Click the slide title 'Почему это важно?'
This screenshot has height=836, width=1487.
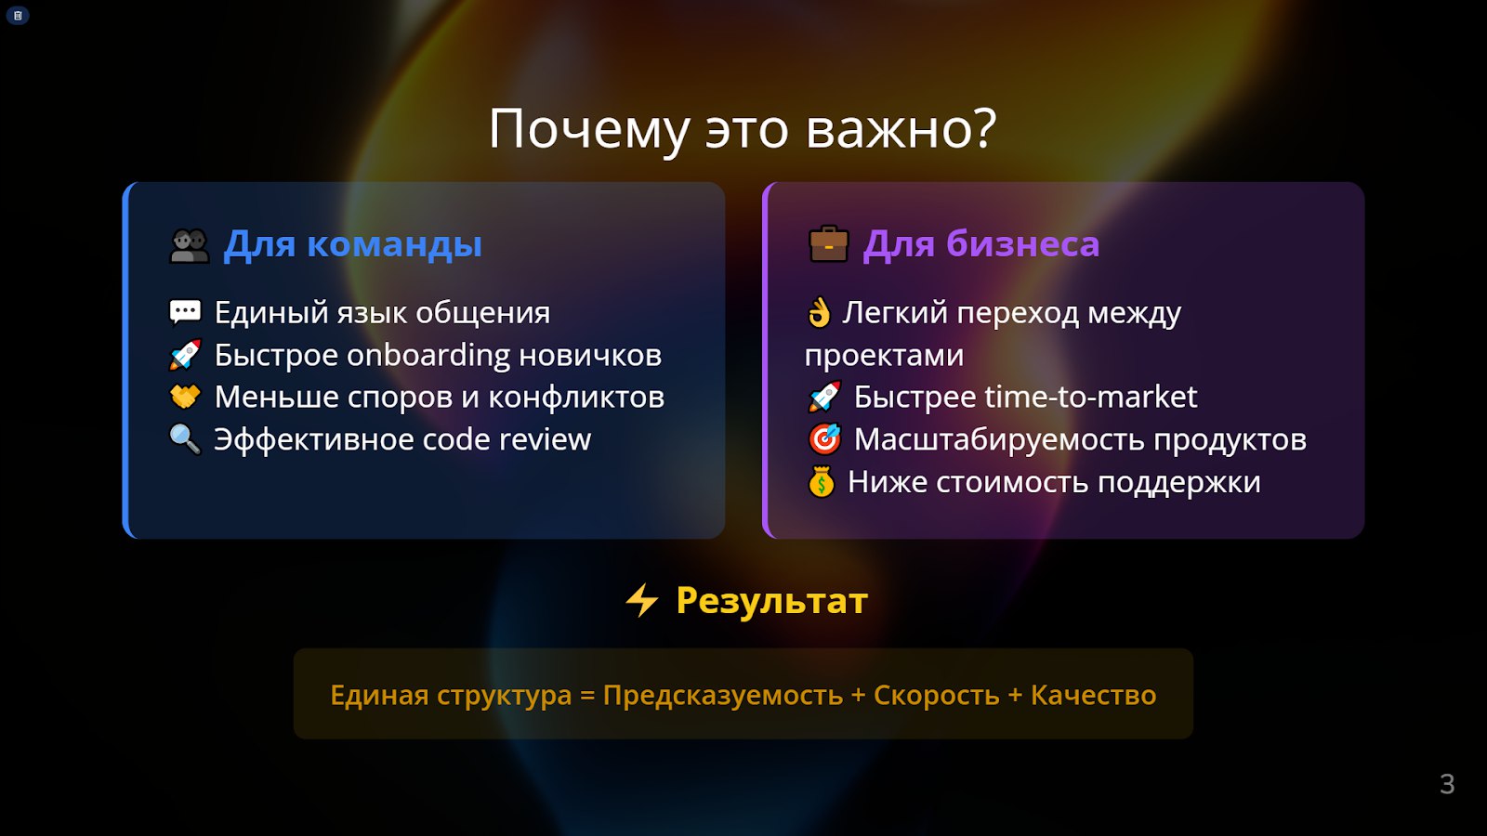743,129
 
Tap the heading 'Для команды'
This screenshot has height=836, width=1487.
352,244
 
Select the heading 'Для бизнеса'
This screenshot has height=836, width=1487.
981,243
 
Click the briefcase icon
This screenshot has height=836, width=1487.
828,243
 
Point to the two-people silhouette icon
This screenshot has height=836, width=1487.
190,245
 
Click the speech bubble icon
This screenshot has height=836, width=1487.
185,312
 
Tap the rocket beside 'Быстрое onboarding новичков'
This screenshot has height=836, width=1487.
185,355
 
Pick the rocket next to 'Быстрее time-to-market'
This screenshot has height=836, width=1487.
824,397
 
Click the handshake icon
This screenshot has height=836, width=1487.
185,397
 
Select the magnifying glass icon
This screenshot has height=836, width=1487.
185,439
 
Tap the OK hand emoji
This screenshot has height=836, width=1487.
819,312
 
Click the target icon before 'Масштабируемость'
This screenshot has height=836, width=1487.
824,439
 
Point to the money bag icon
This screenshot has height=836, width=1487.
822,482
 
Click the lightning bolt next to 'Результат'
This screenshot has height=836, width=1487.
642,600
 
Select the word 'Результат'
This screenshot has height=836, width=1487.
772,600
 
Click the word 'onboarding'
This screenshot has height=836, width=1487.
428,356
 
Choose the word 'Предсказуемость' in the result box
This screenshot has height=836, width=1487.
723,696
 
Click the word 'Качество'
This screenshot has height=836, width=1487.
1093,696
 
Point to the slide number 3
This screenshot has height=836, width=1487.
1447,784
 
